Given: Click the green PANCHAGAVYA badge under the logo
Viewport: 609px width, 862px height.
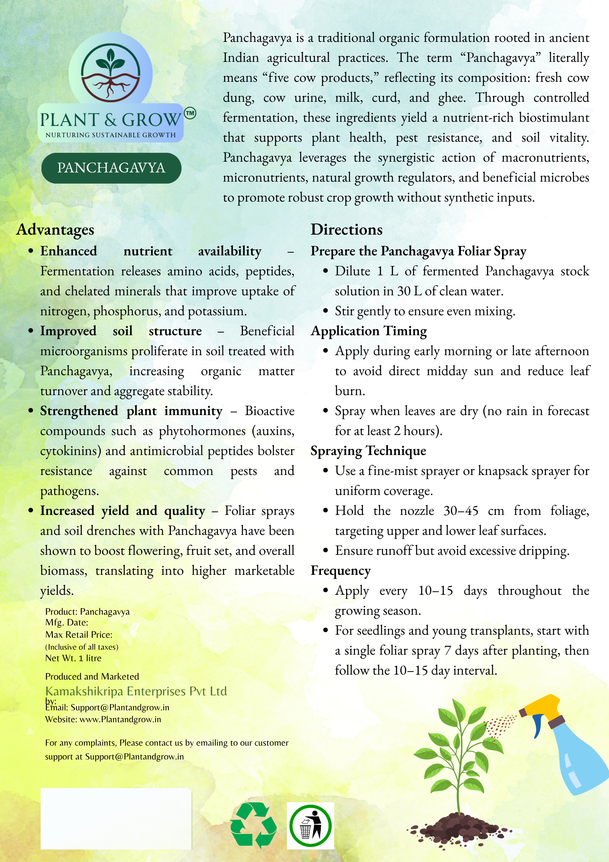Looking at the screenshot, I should click(x=111, y=168).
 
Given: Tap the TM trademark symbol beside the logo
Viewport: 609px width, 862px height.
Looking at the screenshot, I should click(x=190, y=113).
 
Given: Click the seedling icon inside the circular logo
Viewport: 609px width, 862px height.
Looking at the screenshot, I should click(x=111, y=61).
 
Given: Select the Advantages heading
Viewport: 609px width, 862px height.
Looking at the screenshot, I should click(x=55, y=230).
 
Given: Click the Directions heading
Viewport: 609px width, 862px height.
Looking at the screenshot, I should click(x=347, y=230).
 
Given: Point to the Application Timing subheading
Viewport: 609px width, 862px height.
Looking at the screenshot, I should click(x=369, y=331).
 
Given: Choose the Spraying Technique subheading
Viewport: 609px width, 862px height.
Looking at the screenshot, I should click(x=368, y=451).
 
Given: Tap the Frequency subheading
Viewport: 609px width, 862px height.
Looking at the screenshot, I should click(x=341, y=571).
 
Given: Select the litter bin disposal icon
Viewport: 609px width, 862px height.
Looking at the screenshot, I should click(x=310, y=826).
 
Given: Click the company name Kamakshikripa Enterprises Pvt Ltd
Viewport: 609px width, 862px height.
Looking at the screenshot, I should click(x=136, y=691).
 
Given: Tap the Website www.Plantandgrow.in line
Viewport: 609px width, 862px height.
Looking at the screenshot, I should click(x=103, y=719).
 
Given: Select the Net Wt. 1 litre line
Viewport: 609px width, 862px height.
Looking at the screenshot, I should click(x=73, y=658).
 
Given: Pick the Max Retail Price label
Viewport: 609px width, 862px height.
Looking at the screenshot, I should click(x=79, y=635).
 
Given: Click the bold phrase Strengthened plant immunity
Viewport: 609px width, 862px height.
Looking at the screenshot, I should click(x=131, y=411).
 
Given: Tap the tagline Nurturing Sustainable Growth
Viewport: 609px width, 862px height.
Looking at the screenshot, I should click(x=111, y=135).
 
